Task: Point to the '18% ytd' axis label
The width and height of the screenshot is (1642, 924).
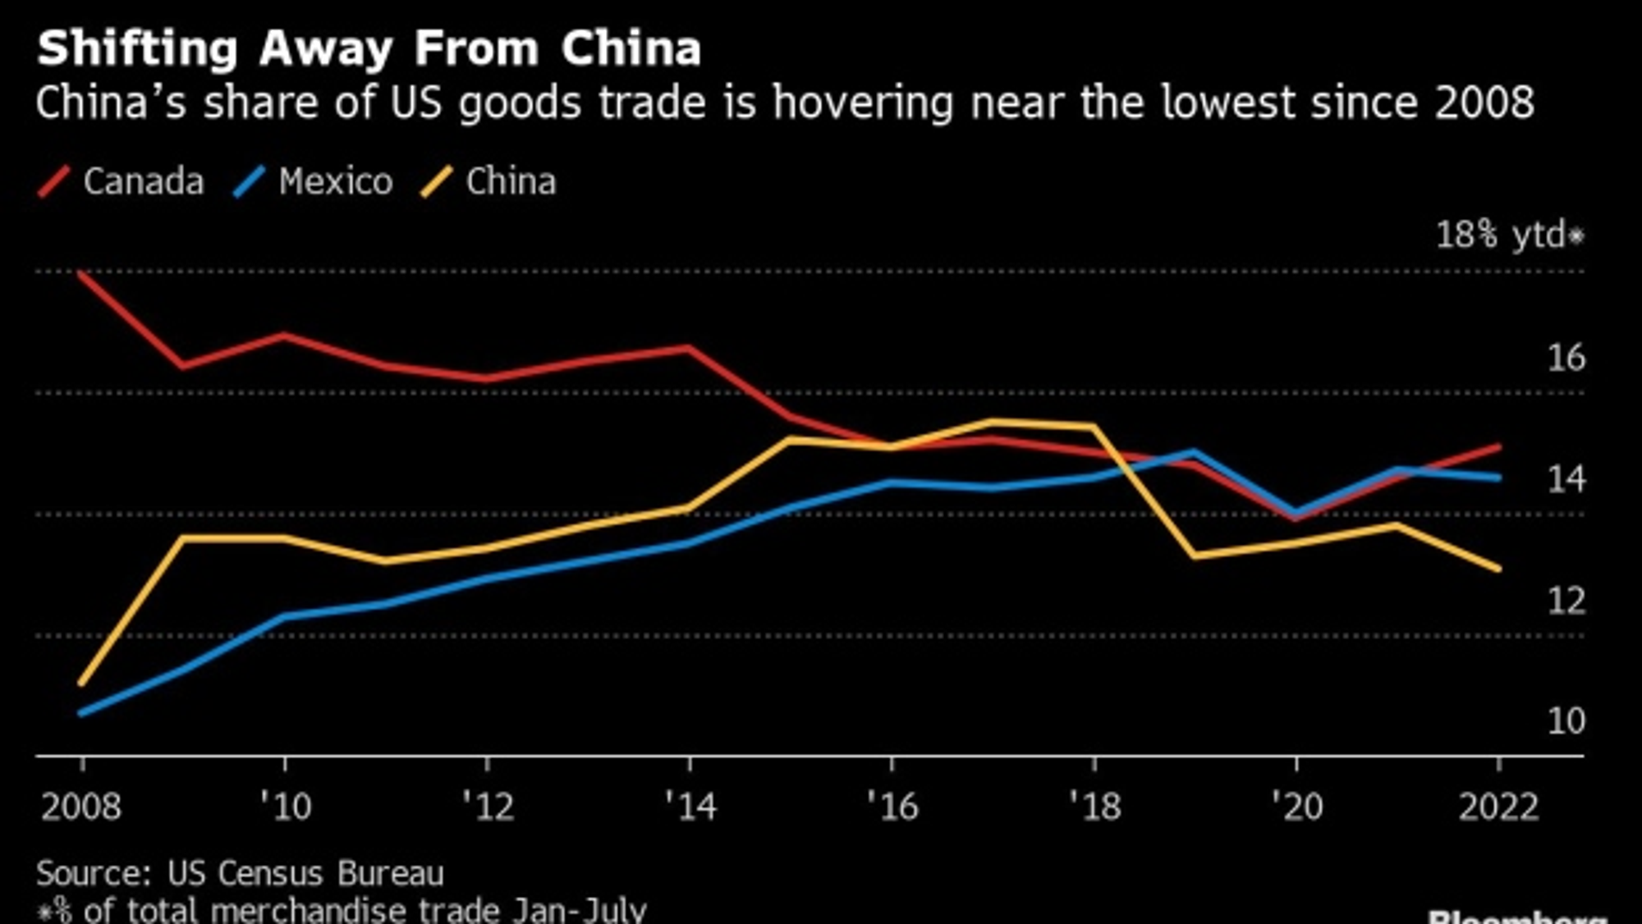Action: click(1509, 236)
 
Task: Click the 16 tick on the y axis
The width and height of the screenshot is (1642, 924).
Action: click(1566, 358)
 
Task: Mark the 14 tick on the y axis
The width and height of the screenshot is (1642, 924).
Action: click(1566, 479)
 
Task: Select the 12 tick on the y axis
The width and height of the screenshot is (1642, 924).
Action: click(1566, 601)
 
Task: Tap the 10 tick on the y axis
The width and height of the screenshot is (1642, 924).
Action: click(1566, 721)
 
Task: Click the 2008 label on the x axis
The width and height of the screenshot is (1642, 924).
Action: click(81, 807)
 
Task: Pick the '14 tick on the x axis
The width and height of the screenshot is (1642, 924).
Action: click(690, 807)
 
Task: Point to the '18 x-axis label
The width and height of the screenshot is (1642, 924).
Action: click(1094, 807)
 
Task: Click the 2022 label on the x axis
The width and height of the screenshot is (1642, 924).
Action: click(1498, 807)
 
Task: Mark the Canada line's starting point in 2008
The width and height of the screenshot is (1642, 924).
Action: click(82, 273)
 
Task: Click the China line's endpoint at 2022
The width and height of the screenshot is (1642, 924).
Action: click(1499, 569)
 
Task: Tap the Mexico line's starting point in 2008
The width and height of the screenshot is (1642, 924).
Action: click(82, 712)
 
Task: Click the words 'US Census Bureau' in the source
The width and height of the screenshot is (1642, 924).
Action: click(305, 874)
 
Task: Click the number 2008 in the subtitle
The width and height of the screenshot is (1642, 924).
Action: click(1484, 103)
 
